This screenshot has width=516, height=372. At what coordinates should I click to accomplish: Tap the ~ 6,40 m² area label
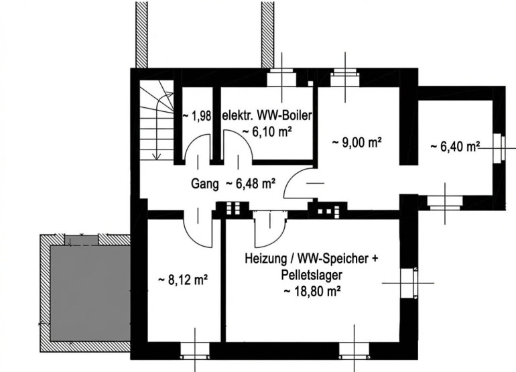(454, 145)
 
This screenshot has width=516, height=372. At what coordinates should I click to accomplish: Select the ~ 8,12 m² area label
(182, 280)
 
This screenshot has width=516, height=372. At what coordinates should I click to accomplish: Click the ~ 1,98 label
(197, 116)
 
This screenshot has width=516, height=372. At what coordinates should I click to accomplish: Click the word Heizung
(265, 259)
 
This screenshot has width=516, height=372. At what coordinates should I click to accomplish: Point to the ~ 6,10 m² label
(267, 131)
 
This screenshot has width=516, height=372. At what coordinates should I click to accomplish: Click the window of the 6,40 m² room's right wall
(499, 148)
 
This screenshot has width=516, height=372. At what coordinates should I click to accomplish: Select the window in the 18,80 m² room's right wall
(409, 282)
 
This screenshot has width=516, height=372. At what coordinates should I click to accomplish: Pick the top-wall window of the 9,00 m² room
(346, 76)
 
